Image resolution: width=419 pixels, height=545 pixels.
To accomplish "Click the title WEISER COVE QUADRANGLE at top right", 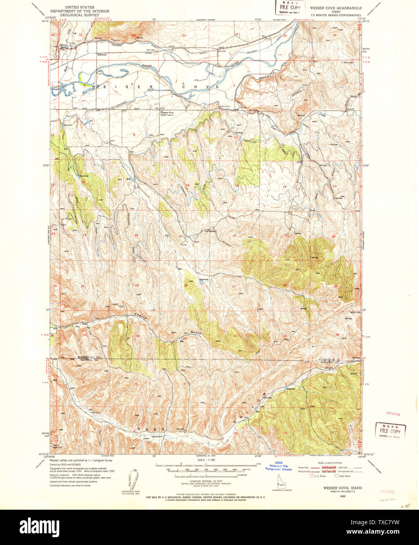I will pos(336,8).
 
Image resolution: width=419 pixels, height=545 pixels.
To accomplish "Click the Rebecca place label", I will pos(102,55).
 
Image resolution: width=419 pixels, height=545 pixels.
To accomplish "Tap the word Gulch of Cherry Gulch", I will pos(196,333).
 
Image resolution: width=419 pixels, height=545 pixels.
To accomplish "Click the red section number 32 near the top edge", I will pos(134,36).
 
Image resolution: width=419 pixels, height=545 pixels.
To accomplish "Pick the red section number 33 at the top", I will pos(184,35).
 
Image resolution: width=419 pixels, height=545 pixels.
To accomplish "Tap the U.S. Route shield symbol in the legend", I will pos(312,476).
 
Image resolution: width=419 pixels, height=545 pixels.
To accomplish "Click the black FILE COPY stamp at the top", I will pos(290,7).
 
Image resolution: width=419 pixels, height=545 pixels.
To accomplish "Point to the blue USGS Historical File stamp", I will pos(278,465).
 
